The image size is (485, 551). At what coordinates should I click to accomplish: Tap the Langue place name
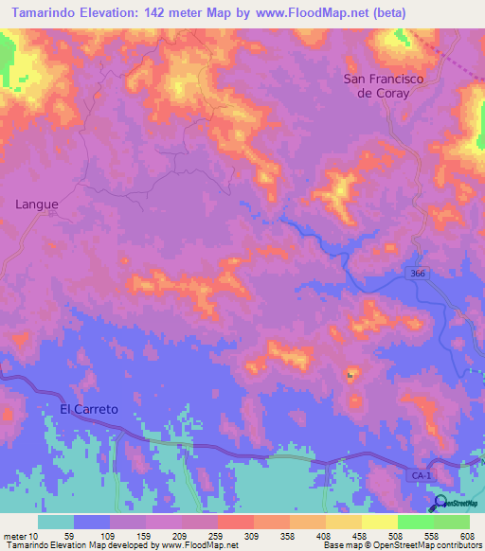[x=37, y=204]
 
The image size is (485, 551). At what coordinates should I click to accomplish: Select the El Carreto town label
[x=89, y=409]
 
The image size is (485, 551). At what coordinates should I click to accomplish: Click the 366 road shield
[x=418, y=274]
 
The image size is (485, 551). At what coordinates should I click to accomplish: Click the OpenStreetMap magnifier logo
[x=440, y=503]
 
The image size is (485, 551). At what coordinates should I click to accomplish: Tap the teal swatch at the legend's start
[x=56, y=521]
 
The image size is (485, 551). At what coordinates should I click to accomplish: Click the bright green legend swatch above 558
[x=416, y=521]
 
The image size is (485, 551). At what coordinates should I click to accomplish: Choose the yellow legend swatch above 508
[x=380, y=521]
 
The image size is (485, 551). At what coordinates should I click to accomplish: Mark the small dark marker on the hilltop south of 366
[x=350, y=376]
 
